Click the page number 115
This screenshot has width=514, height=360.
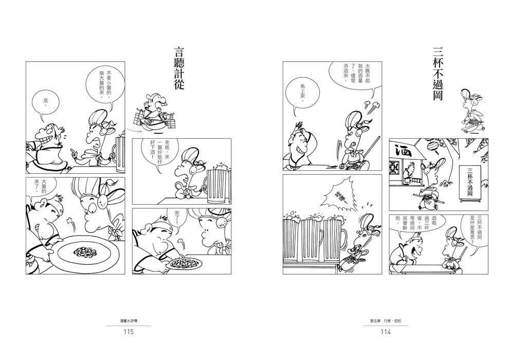tap(128, 332)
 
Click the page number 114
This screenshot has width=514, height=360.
tap(385, 332)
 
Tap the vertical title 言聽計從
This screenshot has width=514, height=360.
tap(179, 69)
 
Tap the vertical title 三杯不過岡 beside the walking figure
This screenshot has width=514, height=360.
tap(438, 74)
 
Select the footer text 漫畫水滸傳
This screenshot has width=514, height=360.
tap(128, 321)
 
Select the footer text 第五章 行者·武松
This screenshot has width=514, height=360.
tap(385, 321)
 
